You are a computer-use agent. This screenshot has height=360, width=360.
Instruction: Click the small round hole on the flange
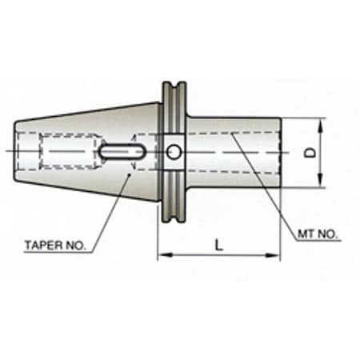click(175, 151)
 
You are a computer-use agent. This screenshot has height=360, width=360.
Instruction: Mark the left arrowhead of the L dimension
click(161, 256)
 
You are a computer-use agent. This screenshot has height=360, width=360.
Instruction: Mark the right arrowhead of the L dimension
click(277, 256)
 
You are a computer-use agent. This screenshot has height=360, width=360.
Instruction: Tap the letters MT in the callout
click(307, 236)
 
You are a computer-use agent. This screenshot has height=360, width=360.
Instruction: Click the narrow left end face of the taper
click(16, 151)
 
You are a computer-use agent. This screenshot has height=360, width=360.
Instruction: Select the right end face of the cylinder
click(280, 152)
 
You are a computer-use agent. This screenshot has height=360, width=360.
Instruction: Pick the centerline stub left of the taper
click(9, 151)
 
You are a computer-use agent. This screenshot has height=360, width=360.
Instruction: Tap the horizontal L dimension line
click(192, 256)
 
